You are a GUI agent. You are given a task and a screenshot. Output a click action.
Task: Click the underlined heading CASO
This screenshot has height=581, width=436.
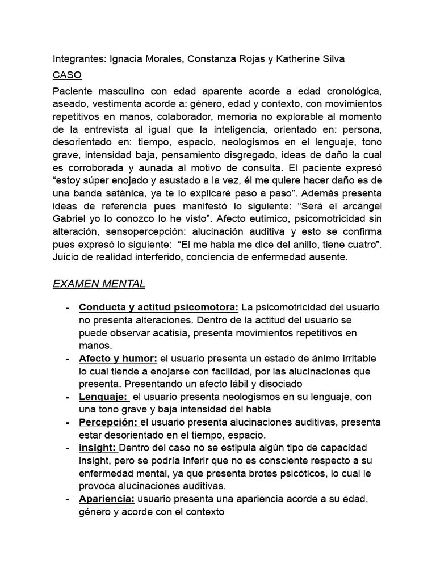[x=67, y=75]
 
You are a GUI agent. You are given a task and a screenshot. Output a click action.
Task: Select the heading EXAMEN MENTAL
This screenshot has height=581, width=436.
[x=99, y=283]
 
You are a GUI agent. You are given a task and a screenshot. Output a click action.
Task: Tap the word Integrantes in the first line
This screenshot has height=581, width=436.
[x=78, y=59]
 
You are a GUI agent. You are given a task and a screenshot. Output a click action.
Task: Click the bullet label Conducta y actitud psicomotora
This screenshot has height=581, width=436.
[x=159, y=307]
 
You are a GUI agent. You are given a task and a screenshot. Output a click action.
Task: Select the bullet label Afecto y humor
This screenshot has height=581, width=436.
[x=118, y=359]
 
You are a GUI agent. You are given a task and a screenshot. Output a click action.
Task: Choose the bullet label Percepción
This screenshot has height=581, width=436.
[x=108, y=423]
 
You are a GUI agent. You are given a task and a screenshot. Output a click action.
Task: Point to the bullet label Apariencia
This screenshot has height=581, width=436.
[x=107, y=499]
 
